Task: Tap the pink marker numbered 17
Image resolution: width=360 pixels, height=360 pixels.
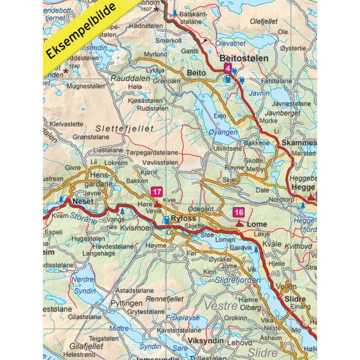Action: [x=156, y=191]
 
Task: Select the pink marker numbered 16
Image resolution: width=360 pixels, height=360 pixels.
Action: [x=239, y=213]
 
